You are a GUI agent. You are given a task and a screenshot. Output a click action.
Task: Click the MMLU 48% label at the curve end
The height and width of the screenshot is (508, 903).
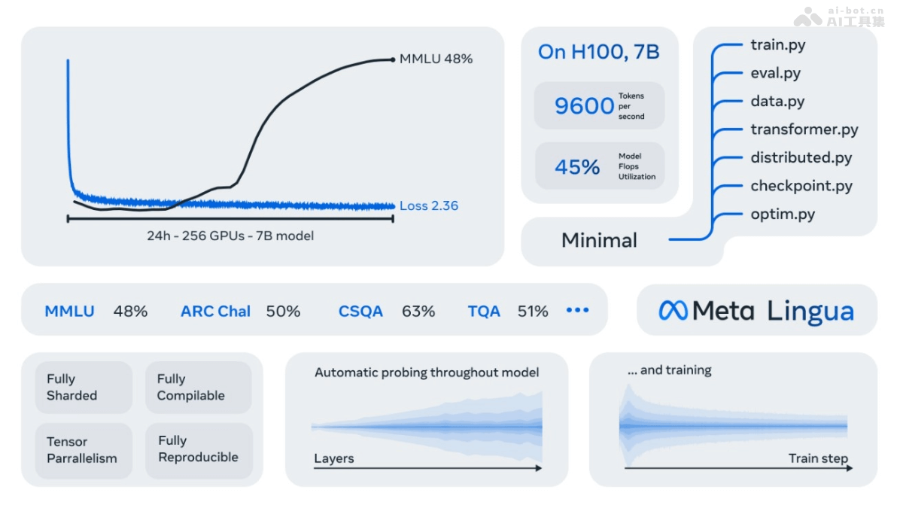(x=436, y=59)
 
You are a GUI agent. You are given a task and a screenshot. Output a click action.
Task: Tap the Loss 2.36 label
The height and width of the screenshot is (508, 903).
(x=428, y=205)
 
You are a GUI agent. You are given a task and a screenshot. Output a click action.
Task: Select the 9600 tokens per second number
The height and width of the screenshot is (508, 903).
(x=584, y=106)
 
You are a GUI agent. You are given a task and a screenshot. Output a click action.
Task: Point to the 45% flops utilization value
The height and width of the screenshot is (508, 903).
(x=577, y=166)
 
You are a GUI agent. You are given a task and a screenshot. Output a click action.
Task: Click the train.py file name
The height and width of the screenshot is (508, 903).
(x=777, y=45)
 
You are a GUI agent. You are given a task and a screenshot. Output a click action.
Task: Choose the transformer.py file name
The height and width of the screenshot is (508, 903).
(x=804, y=129)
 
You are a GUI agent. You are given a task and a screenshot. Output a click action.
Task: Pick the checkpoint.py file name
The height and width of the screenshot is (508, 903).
(x=801, y=186)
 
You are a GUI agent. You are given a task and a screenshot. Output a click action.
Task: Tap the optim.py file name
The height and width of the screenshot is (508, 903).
(x=783, y=214)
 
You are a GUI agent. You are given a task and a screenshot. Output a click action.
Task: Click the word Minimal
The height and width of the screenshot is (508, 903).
(x=599, y=241)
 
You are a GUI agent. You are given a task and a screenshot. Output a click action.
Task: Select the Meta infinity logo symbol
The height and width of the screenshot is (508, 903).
(x=673, y=310)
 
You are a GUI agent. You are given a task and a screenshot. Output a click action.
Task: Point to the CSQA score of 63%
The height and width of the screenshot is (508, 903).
(x=418, y=311)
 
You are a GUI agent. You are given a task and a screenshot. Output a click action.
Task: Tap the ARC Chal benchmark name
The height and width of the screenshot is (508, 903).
(x=215, y=311)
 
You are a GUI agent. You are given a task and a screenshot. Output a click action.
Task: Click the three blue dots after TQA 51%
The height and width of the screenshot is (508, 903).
(x=577, y=310)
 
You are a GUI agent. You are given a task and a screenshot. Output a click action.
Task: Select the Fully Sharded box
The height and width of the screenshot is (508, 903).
(x=84, y=388)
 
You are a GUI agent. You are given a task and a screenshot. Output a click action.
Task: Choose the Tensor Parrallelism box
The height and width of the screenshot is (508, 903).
(x=84, y=450)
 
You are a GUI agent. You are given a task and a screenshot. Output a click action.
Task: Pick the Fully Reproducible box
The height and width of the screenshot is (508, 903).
(x=199, y=449)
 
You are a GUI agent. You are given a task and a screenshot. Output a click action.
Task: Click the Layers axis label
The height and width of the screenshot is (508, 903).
(x=333, y=458)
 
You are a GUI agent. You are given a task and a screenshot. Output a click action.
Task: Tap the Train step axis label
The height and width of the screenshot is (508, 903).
(x=818, y=458)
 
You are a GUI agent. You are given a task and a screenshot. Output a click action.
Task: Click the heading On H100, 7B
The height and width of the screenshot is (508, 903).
(x=598, y=52)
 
